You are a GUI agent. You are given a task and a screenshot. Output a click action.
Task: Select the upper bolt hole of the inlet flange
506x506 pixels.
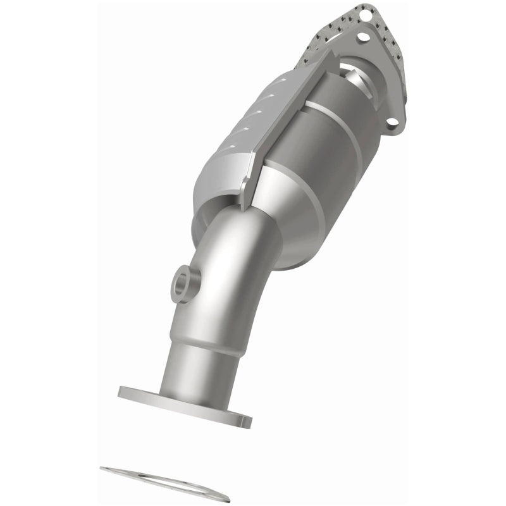point(363,38)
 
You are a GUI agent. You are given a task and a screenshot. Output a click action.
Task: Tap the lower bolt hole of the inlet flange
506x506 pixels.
point(393,121)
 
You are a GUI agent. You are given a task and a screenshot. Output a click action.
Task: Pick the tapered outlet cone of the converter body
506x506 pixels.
point(297,228)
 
